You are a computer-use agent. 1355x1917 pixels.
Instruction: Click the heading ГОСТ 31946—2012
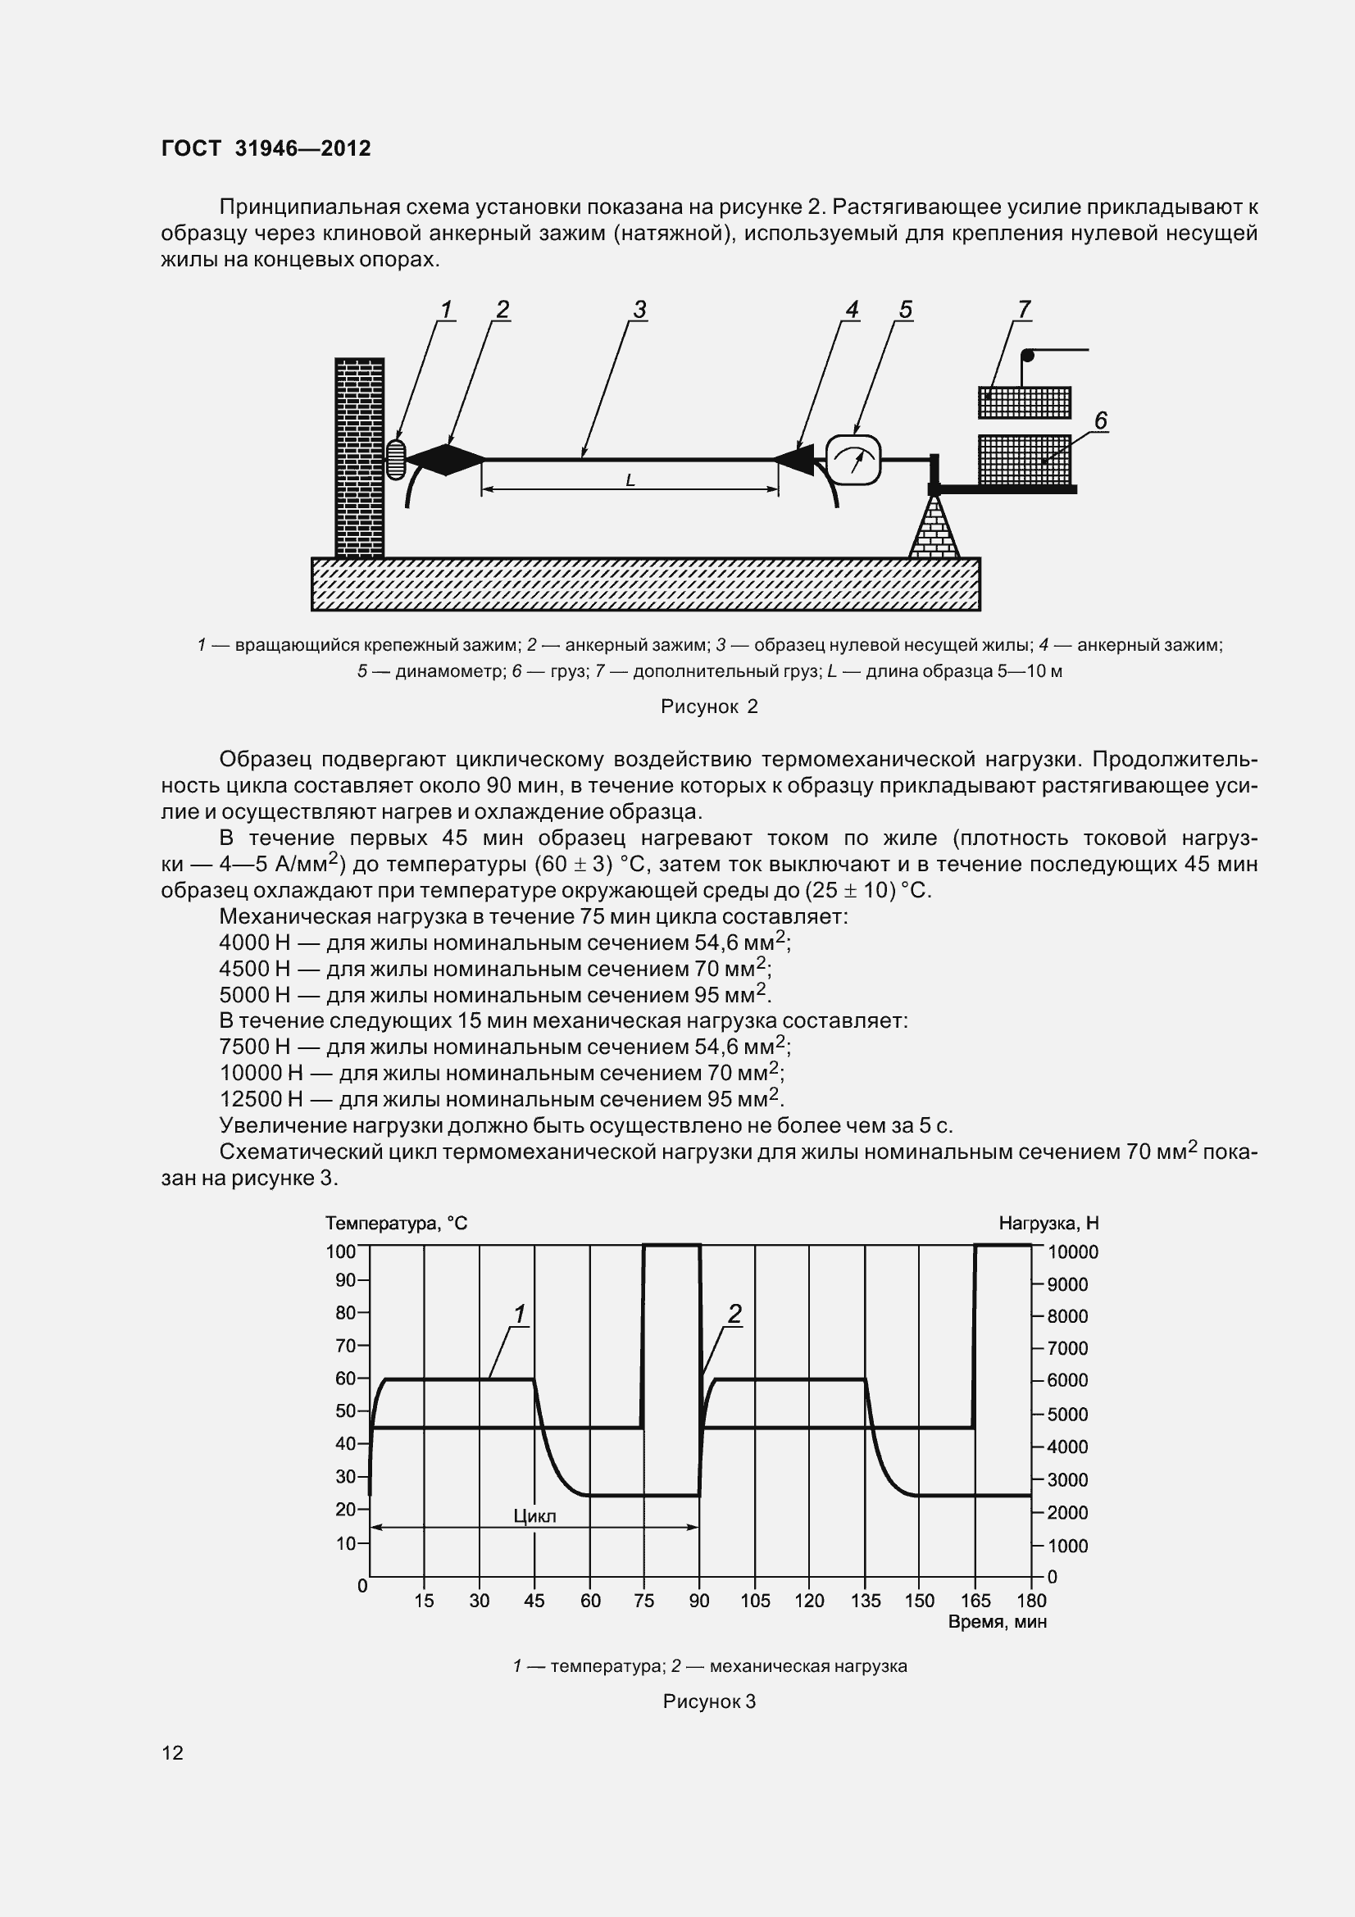[266, 148]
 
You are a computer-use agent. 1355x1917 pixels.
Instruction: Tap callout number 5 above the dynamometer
[905, 310]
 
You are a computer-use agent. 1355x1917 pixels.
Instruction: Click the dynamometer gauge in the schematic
[853, 460]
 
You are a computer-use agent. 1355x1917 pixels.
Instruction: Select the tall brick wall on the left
[359, 457]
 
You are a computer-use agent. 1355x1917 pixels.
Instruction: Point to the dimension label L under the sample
[630, 481]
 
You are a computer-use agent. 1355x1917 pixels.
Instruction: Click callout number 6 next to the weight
[1100, 420]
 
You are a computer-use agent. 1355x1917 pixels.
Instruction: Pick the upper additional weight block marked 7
[1025, 402]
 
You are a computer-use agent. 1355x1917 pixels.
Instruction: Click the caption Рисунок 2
[709, 707]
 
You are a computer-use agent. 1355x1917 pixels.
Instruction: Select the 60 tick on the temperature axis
[346, 1379]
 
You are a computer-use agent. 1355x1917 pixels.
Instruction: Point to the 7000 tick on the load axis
[1067, 1348]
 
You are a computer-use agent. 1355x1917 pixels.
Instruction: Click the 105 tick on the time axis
[755, 1601]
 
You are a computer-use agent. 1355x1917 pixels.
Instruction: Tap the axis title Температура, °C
[396, 1224]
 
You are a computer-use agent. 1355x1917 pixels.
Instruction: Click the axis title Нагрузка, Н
[1048, 1224]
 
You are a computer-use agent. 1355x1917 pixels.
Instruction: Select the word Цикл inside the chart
[534, 1516]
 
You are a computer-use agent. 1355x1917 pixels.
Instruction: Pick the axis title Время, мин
[997, 1622]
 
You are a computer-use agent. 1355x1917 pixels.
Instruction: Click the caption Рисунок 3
[709, 1701]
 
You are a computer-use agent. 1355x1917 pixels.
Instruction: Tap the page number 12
[173, 1753]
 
